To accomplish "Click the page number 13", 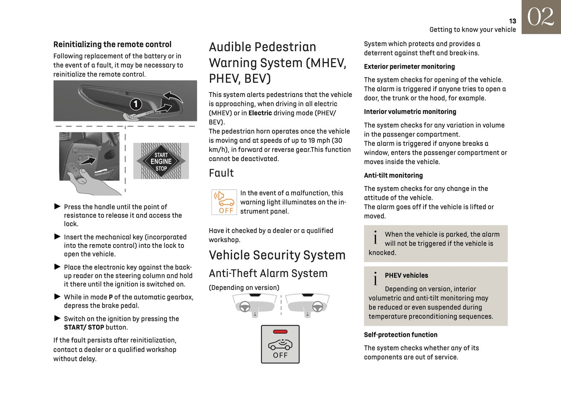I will [512, 21].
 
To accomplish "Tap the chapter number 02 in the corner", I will [540, 17].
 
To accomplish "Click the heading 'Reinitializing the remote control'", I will [112, 44].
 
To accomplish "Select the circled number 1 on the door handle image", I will [135, 104].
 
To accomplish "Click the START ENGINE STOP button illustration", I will [161, 161].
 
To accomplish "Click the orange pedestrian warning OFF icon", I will [224, 202].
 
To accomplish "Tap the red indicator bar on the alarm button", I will [280, 332].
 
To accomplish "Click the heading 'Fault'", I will [221, 173].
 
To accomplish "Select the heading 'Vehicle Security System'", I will [277, 255].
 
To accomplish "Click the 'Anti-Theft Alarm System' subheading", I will [268, 273].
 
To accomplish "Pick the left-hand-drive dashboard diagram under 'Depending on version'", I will [254, 305].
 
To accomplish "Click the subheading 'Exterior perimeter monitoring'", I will [409, 67].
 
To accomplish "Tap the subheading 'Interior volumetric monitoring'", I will [410, 112].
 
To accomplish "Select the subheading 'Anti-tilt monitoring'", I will [393, 175].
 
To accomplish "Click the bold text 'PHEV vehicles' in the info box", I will [406, 275].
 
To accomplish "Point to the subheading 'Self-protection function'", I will [400, 335].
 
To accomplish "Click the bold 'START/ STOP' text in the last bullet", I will [84, 327].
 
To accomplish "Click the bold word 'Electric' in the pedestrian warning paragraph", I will [260, 113].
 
